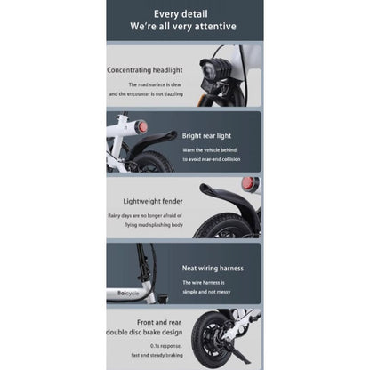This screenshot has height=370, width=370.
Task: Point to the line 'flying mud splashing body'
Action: pyautogui.click(x=152, y=225)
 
